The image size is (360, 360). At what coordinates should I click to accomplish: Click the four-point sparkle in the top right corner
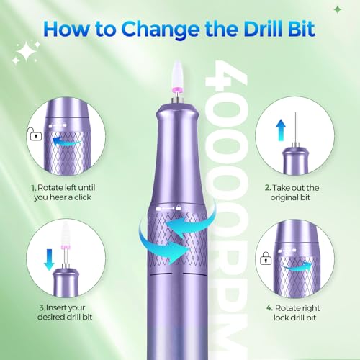click(x=338, y=9)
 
